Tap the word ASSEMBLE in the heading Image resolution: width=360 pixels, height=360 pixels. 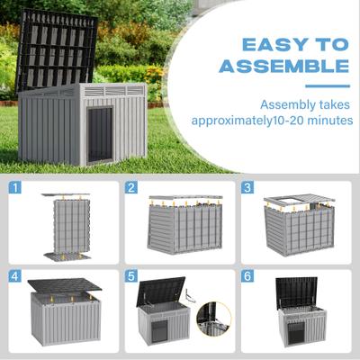(x=284, y=66)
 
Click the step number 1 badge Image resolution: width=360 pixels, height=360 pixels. (x=15, y=188)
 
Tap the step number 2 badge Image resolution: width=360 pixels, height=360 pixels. (x=131, y=188)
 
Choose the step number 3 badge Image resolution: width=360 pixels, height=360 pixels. (x=247, y=188)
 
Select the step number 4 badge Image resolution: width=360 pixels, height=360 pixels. (x=15, y=276)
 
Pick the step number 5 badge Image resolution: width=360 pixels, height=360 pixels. (x=131, y=276)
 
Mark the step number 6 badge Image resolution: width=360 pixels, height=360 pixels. (x=247, y=276)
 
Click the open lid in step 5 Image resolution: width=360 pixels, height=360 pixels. (x=161, y=292)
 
